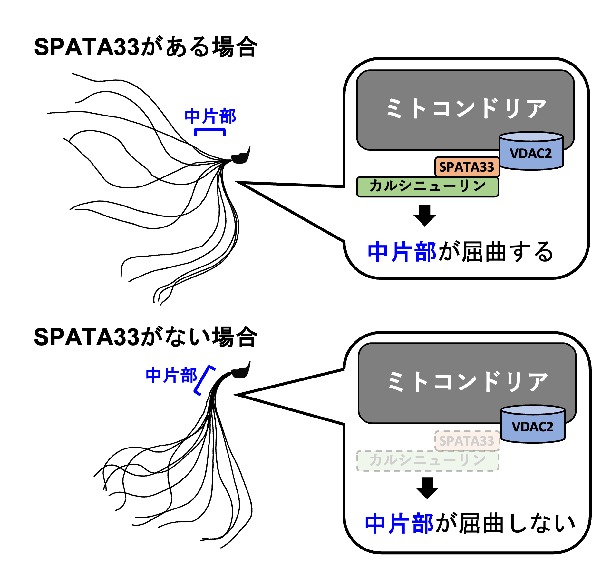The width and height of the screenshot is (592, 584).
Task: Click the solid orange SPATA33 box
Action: tap(467, 167)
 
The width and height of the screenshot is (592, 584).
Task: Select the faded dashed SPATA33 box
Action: tap(467, 441)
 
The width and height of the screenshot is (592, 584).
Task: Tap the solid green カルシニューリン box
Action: tap(427, 186)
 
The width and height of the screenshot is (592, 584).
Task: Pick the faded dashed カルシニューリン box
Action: tap(427, 460)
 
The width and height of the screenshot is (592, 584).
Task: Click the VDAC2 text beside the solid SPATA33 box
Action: tap(531, 154)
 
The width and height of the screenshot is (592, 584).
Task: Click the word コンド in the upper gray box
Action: tap(464, 108)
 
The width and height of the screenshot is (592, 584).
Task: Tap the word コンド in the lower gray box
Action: tap(466, 382)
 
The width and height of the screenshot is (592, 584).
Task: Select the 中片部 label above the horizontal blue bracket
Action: tap(210, 116)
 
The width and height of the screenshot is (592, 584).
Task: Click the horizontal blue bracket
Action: tap(210, 130)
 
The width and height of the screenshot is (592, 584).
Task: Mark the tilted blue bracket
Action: tap(204, 380)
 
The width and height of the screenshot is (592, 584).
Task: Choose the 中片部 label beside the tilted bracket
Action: tap(171, 375)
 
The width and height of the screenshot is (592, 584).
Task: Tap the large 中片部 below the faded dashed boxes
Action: tap(399, 523)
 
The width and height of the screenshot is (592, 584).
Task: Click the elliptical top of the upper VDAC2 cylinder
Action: tap(531, 136)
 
